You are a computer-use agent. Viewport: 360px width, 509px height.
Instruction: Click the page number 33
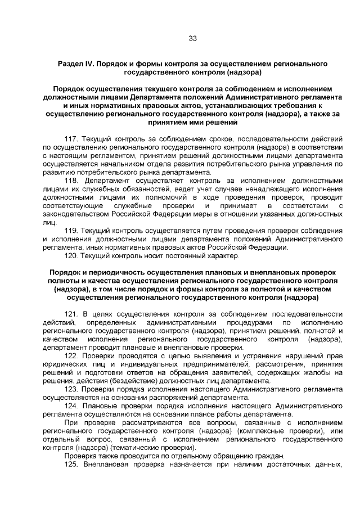tap(192, 38)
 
